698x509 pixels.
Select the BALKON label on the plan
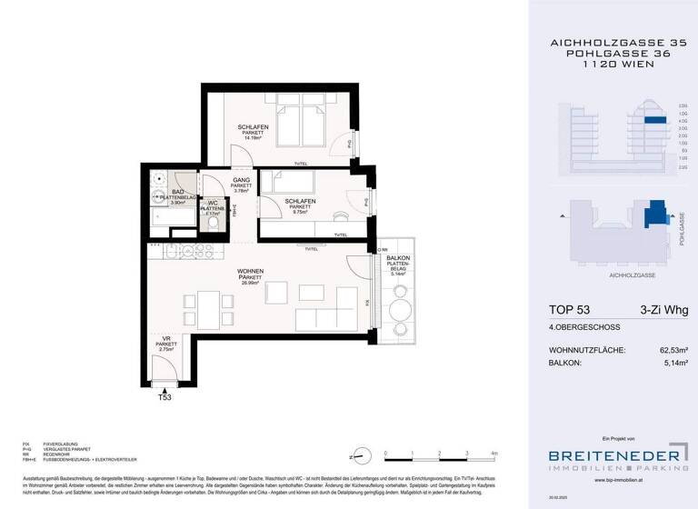click(x=398, y=260)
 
